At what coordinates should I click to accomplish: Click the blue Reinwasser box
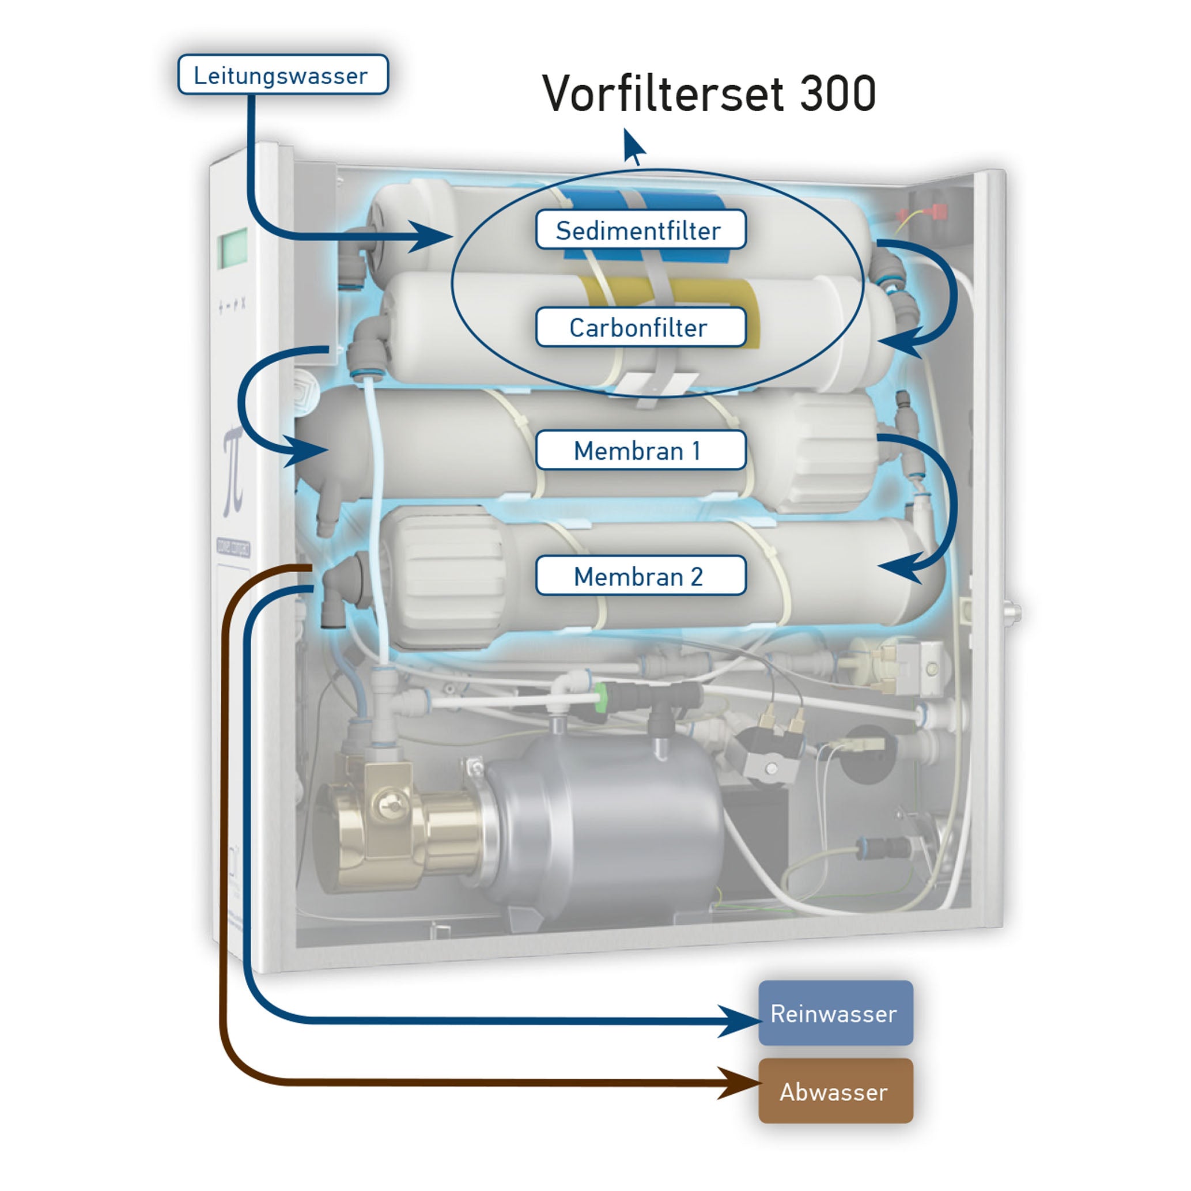(x=835, y=1014)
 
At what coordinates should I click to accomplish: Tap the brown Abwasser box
(x=835, y=1092)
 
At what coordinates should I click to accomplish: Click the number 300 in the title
(x=838, y=94)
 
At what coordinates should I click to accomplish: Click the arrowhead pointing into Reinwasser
(x=743, y=1020)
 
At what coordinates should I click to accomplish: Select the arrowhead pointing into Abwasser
(x=743, y=1083)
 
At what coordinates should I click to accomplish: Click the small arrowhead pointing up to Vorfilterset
(x=633, y=145)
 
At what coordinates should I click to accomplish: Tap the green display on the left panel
(x=232, y=248)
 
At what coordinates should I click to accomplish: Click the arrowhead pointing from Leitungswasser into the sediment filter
(x=432, y=236)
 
